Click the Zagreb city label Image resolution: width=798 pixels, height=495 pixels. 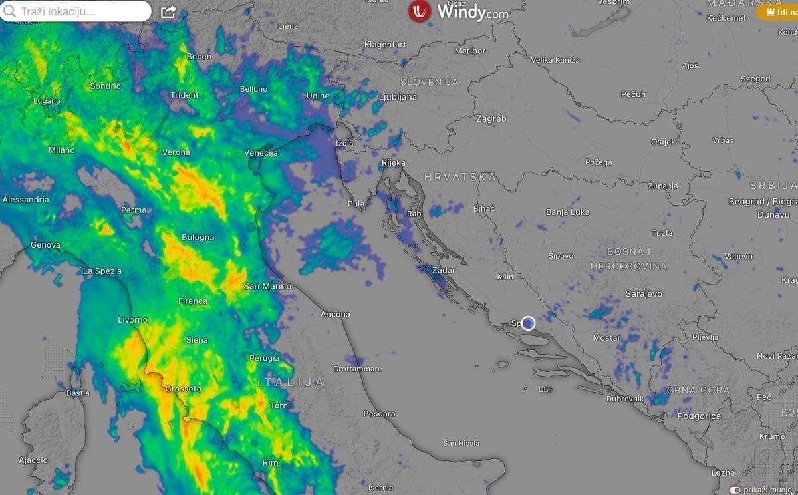click(491, 119)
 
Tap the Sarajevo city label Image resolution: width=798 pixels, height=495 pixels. click(643, 293)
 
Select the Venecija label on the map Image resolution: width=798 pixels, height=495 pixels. click(261, 153)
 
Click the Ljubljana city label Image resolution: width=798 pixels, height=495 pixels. click(397, 97)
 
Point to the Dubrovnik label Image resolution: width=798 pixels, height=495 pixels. click(624, 399)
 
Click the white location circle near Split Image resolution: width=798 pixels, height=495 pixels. click(528, 323)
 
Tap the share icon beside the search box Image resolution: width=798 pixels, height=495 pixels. click(168, 12)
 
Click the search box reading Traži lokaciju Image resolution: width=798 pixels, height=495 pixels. click(76, 11)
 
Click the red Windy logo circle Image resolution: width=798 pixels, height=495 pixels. click(420, 11)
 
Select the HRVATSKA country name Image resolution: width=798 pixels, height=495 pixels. click(460, 177)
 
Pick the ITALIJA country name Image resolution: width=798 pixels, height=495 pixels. click(291, 382)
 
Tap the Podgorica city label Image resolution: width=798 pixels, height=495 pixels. click(699, 416)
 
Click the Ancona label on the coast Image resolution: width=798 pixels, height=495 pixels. click(335, 314)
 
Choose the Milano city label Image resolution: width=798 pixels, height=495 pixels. click(61, 150)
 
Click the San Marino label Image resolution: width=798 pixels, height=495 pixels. click(267, 286)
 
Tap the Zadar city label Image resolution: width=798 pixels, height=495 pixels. click(444, 271)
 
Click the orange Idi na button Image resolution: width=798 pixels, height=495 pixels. click(779, 12)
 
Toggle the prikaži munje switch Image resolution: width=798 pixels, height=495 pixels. click(735, 490)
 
